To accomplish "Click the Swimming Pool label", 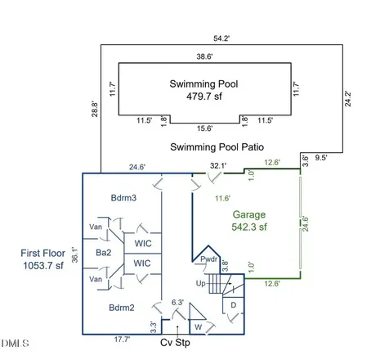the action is pyautogui.click(x=203, y=84).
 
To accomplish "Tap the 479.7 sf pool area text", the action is pyautogui.click(x=204, y=97).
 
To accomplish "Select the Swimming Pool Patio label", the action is pyautogui.click(x=217, y=147).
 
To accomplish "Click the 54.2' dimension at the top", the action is pyautogui.click(x=221, y=38).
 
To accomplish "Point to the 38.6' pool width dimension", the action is pyautogui.click(x=204, y=56).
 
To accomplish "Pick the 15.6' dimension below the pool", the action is pyautogui.click(x=205, y=128).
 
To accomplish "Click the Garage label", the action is pyautogui.click(x=249, y=215).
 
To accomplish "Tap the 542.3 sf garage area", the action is pyautogui.click(x=249, y=227).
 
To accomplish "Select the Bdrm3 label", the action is pyautogui.click(x=123, y=198).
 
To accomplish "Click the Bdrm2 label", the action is pyautogui.click(x=122, y=308).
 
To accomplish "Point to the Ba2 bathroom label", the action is pyautogui.click(x=104, y=253).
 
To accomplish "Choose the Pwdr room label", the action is pyautogui.click(x=209, y=259).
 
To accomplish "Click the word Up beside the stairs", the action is pyautogui.click(x=201, y=284).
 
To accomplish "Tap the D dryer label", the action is pyautogui.click(x=234, y=305).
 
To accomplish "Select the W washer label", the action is pyautogui.click(x=199, y=327).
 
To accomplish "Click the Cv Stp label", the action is pyautogui.click(x=175, y=343).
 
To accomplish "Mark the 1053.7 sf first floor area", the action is pyautogui.click(x=43, y=265).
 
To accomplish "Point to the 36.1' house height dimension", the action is pyautogui.click(x=74, y=255).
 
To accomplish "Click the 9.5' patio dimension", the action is pyautogui.click(x=321, y=157).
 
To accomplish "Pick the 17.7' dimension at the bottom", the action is pyautogui.click(x=122, y=340).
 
